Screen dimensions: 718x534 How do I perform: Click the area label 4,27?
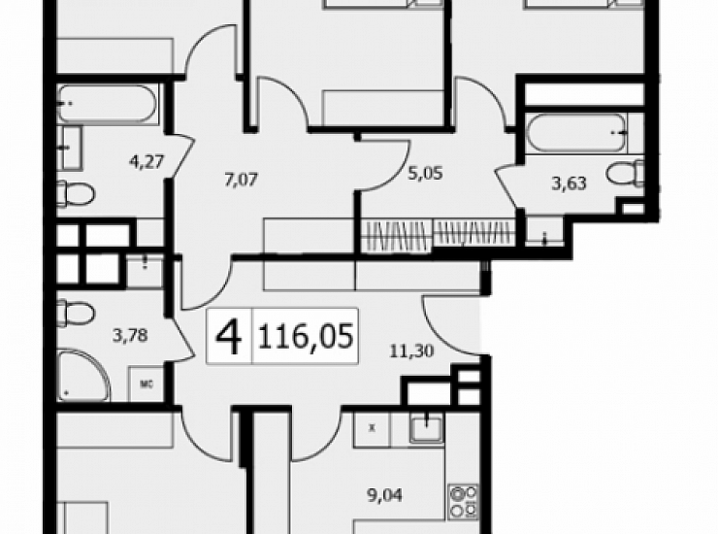tap(147, 161)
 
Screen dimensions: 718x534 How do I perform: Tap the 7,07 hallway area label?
tap(241, 180)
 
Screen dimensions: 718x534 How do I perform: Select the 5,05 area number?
tap(426, 173)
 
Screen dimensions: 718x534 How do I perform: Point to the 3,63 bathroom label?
tap(570, 184)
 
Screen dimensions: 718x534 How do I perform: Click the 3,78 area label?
tap(131, 336)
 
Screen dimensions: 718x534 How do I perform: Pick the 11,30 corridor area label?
tap(411, 351)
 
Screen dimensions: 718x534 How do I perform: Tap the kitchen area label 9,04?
tap(385, 495)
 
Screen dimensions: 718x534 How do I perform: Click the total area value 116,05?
tap(306, 336)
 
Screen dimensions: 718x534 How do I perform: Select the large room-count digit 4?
tap(228, 337)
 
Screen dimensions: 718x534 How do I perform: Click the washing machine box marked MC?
tap(147, 384)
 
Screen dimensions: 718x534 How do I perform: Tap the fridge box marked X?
tap(372, 428)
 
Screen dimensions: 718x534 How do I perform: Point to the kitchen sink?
tap(426, 428)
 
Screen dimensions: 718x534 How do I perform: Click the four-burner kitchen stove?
tap(464, 501)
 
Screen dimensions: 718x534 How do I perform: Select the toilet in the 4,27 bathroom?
tap(75, 193)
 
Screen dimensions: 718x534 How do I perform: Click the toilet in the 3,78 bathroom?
tap(75, 313)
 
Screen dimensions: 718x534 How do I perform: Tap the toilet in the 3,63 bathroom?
tap(626, 173)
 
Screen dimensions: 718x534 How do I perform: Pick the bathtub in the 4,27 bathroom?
tap(108, 104)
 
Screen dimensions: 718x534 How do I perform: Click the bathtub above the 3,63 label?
tap(576, 132)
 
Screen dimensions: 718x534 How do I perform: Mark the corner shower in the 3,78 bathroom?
tap(83, 376)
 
